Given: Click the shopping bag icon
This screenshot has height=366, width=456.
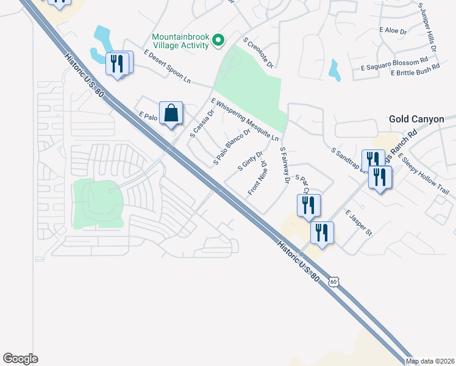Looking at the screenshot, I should pos(171,113).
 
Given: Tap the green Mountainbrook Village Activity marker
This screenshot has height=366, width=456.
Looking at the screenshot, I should pos(217,41).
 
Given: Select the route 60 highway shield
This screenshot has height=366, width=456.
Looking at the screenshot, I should pos(332,281).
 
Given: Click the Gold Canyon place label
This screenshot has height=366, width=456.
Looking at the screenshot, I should pos(416,120).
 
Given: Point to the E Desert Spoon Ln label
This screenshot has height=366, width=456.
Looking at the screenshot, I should pos(167,68).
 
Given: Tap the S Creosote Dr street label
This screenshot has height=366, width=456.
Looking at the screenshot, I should pos(258,52).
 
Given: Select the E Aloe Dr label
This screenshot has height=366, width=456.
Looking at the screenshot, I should pos(388,29).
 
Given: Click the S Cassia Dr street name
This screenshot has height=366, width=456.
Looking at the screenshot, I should pos(203,123).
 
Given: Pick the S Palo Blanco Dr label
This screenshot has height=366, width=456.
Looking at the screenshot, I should pos(232,147).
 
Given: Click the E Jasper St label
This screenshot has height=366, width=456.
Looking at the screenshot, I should pos(358,224).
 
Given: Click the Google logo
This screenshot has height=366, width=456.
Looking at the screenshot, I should pos(20,359).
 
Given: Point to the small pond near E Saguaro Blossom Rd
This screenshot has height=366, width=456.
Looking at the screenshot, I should pos(334,70).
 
